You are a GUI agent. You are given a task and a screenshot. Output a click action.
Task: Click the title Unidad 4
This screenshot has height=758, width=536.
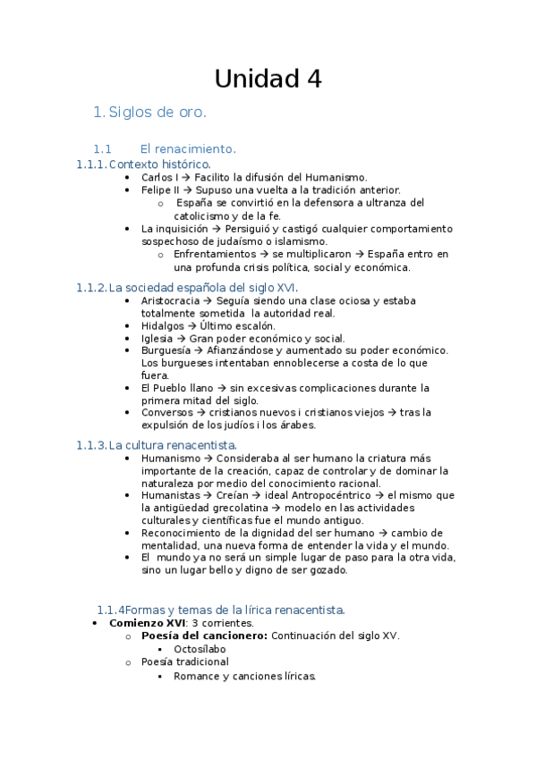pyautogui.click(x=268, y=80)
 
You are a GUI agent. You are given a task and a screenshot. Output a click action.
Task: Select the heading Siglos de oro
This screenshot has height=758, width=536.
pyautogui.click(x=157, y=113)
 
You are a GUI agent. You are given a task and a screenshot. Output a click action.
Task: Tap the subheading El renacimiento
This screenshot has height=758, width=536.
pyautogui.click(x=188, y=148)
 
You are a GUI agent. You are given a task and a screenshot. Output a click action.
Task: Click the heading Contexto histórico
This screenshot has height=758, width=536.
pyautogui.click(x=160, y=164)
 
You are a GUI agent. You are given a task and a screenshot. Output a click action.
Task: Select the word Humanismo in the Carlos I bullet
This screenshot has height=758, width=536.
pyautogui.click(x=337, y=178)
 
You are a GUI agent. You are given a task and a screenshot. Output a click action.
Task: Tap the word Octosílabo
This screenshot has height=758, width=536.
pyautogui.click(x=200, y=649)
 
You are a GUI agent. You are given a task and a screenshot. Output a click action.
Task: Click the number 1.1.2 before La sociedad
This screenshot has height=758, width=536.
pyautogui.click(x=90, y=288)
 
